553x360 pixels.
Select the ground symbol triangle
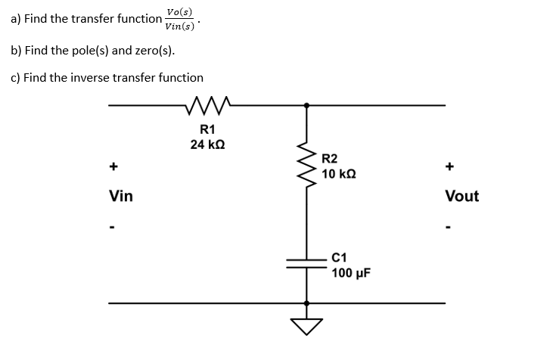click(x=306, y=326)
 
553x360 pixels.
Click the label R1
click(x=207, y=128)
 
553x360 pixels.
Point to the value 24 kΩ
click(x=207, y=144)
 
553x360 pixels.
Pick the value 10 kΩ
click(x=339, y=174)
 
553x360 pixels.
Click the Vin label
click(x=121, y=197)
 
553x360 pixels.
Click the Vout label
click(x=461, y=197)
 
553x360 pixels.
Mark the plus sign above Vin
click(x=113, y=166)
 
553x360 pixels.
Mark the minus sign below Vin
click(x=113, y=226)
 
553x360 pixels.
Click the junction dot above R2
click(x=306, y=105)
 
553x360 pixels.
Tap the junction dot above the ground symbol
click(x=306, y=303)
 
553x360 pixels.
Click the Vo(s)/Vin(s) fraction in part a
click(x=179, y=20)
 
